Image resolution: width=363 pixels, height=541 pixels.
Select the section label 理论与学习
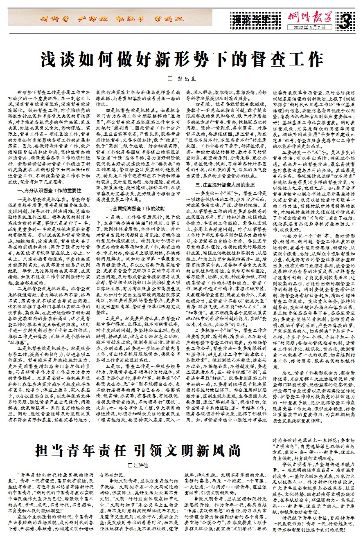255,20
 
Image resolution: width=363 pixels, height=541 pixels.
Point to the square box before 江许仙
131,465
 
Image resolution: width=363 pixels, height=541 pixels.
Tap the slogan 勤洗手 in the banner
122,18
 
